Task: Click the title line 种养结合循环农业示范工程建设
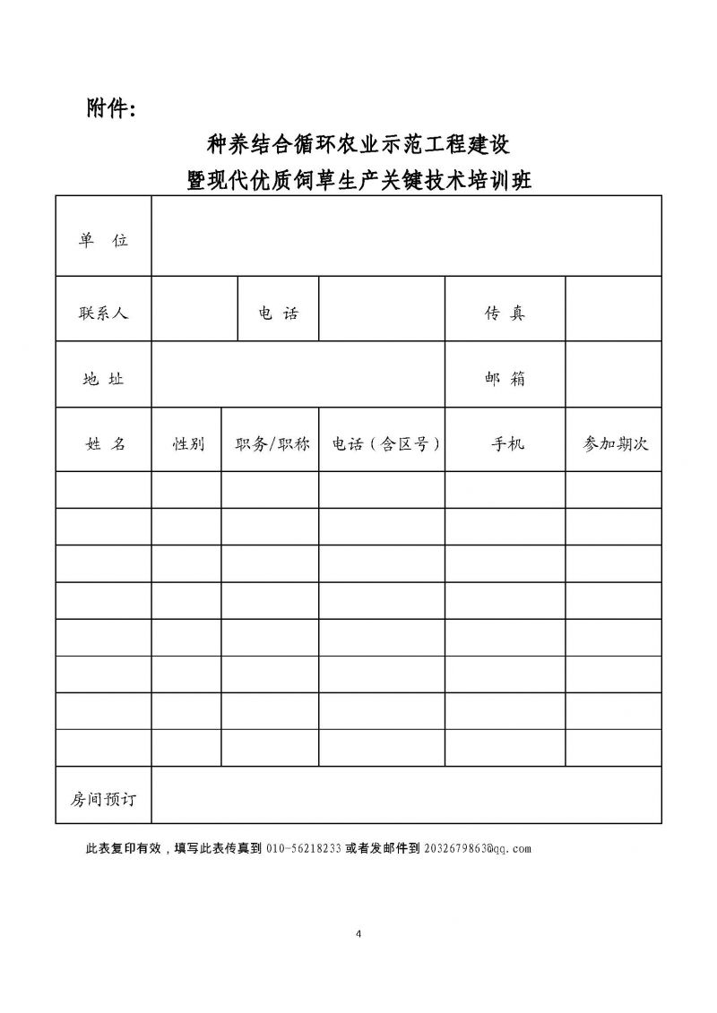coord(358,143)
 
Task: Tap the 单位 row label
coord(103,240)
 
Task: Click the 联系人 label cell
coord(103,313)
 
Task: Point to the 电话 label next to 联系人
coord(278,313)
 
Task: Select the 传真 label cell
coord(505,313)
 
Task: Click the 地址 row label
coord(103,379)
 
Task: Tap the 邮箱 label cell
coord(505,379)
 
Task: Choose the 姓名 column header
coord(105,444)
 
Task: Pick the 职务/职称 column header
coord(271,444)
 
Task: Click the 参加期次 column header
coord(615,444)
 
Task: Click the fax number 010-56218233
coord(303,848)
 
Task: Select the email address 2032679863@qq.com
coord(477,848)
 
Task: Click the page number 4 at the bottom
coord(358,934)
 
